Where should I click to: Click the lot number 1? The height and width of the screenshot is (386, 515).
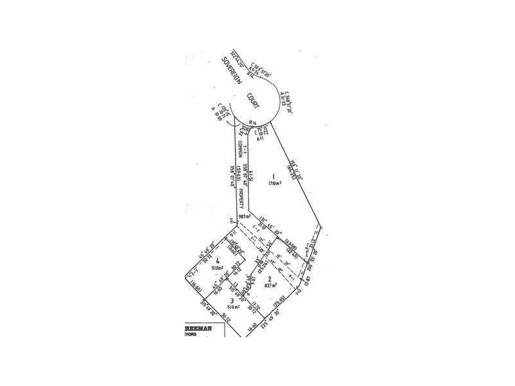tap(273, 176)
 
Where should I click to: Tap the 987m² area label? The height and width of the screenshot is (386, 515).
tap(245, 217)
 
